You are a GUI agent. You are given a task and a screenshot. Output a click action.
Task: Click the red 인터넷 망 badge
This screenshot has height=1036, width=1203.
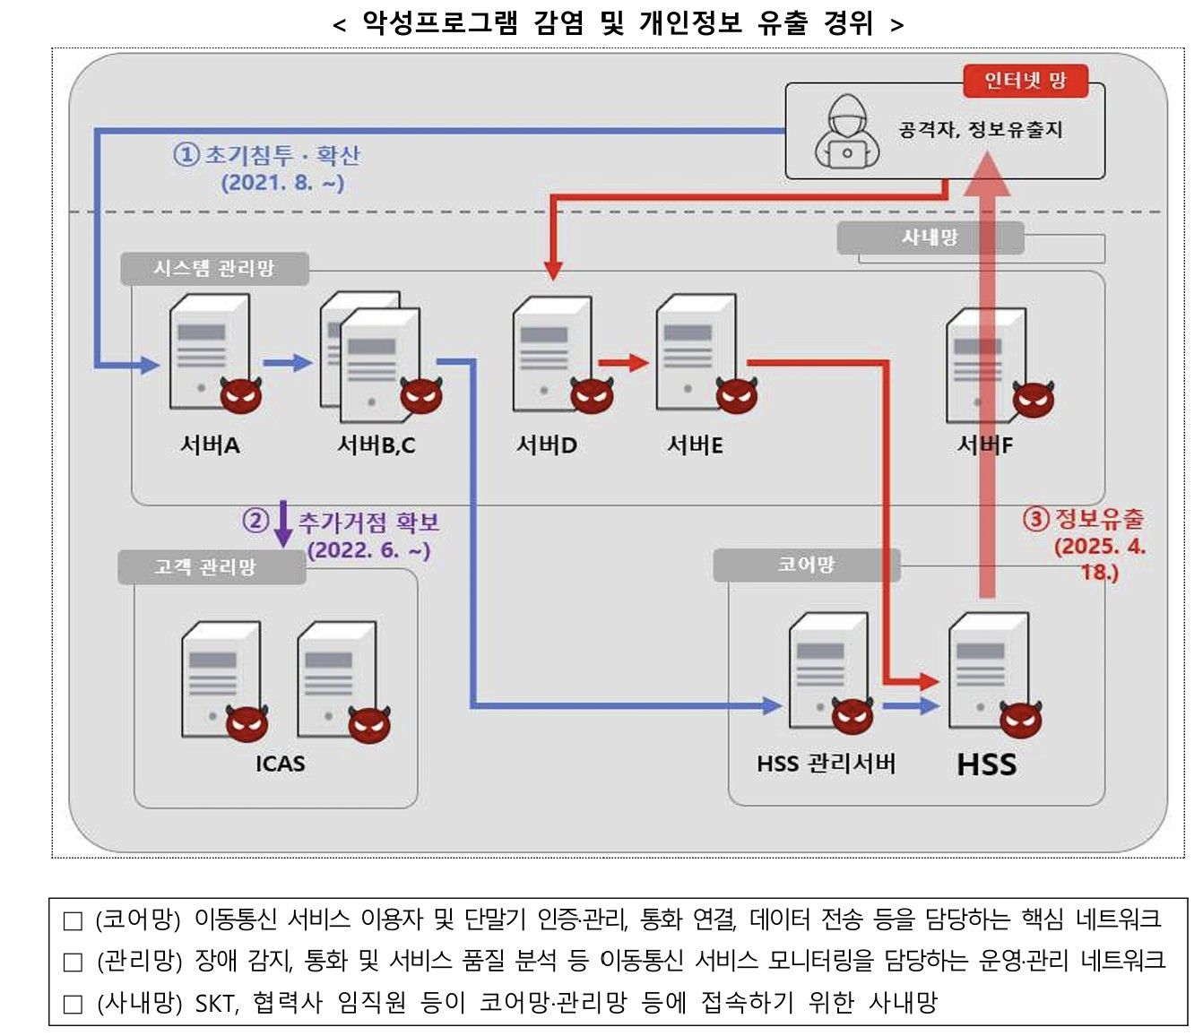(1026, 82)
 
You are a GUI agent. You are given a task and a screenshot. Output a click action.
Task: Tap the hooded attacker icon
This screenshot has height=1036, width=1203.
(846, 133)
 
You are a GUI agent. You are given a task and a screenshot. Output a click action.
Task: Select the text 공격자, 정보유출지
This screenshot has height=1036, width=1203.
(981, 130)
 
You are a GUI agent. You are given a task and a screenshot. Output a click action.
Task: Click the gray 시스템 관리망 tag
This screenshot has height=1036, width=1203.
(214, 269)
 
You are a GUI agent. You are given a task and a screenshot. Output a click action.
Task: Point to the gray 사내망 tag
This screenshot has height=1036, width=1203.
(930, 237)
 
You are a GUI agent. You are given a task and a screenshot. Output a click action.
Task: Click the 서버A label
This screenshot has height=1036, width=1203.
(210, 445)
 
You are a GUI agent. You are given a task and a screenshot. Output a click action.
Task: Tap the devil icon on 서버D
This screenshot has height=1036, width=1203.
(592, 394)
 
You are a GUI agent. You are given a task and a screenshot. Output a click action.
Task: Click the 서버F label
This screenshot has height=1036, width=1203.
(984, 445)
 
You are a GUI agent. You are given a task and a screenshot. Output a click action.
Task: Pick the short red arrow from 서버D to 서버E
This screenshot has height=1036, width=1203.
(623, 362)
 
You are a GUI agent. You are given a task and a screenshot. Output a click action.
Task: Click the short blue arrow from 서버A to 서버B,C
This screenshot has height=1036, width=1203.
(287, 362)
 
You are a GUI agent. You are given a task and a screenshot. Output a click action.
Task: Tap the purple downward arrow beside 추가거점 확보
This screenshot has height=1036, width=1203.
(283, 523)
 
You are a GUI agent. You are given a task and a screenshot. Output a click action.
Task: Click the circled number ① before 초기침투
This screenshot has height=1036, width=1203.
(186, 155)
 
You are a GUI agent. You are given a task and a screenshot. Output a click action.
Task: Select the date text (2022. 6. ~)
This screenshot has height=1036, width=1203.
(368, 550)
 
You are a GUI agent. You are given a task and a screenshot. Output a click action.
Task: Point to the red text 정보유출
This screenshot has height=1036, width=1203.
(1099, 519)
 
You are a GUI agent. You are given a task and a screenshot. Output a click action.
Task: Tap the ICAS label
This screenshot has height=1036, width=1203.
(280, 764)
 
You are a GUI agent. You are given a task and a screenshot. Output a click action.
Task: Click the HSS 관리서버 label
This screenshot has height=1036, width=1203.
(826, 764)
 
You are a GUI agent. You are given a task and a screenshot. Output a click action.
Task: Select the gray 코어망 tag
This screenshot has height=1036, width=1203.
(806, 565)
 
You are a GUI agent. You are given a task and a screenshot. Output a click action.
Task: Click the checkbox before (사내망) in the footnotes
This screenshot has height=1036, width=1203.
(73, 1004)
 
